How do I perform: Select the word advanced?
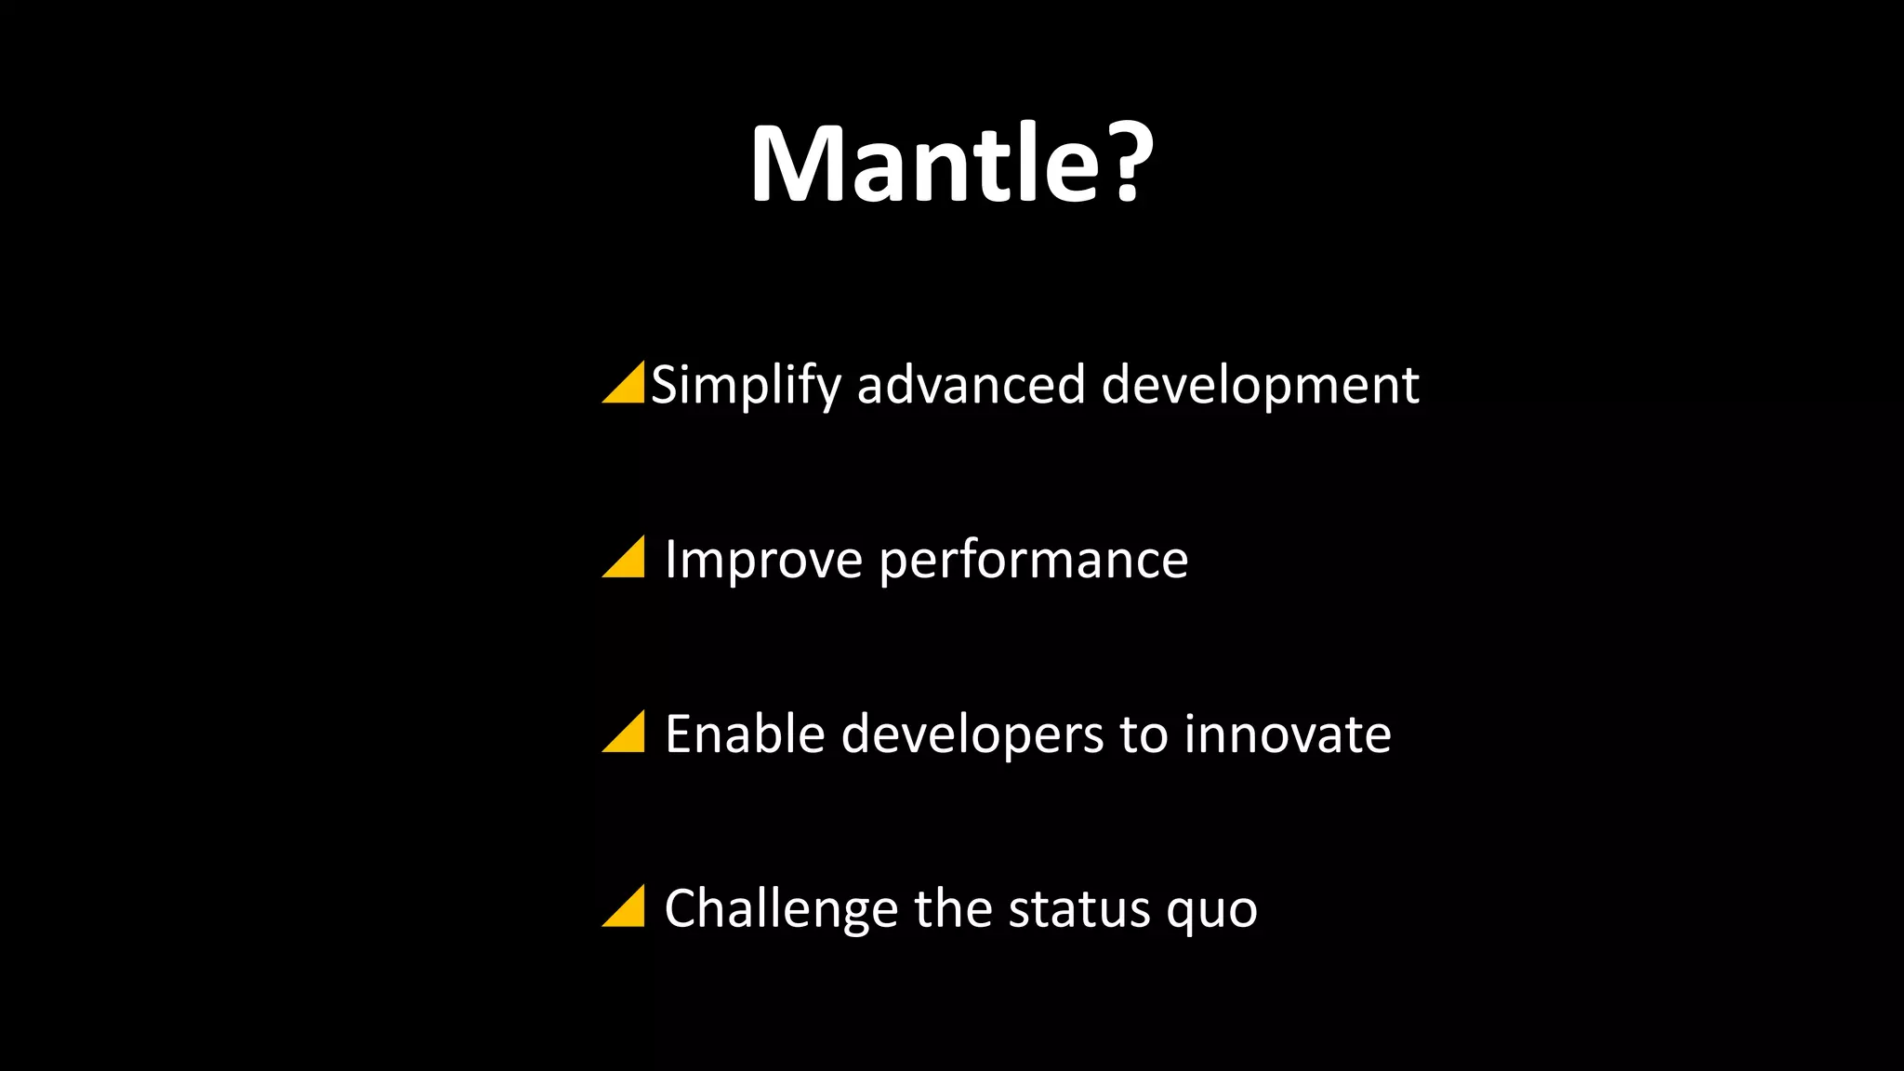971,385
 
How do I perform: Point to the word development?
1260,385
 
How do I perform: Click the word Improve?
763,560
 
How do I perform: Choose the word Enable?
745,734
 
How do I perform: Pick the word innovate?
1287,734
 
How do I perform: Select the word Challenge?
782,908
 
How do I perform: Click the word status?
1079,908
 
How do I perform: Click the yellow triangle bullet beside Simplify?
628,386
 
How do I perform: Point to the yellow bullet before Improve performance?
628,560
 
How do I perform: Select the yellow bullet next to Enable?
628,734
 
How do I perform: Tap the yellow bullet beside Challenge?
628,908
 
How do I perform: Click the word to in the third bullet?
1144,734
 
